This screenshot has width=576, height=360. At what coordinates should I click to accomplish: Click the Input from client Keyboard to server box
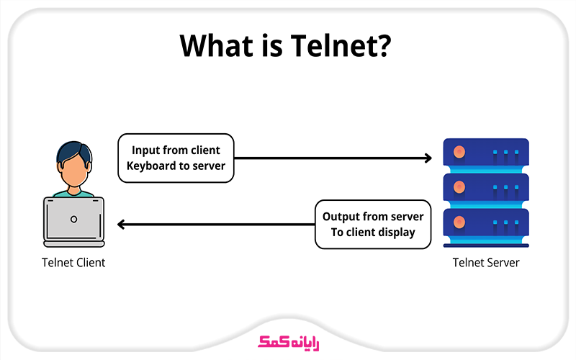click(x=176, y=158)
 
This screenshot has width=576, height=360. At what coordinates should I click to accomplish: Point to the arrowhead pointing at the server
click(x=428, y=158)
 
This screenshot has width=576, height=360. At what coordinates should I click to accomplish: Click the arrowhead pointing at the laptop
click(x=122, y=224)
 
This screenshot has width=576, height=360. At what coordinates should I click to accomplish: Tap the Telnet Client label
click(x=73, y=263)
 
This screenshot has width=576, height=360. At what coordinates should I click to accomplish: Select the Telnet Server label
click(x=485, y=263)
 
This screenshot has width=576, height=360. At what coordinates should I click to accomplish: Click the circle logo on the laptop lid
click(x=73, y=218)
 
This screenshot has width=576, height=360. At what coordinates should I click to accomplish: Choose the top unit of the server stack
click(x=485, y=153)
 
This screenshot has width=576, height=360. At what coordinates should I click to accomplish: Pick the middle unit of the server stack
click(x=485, y=188)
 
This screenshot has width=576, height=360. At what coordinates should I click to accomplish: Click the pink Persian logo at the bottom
click(x=287, y=340)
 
